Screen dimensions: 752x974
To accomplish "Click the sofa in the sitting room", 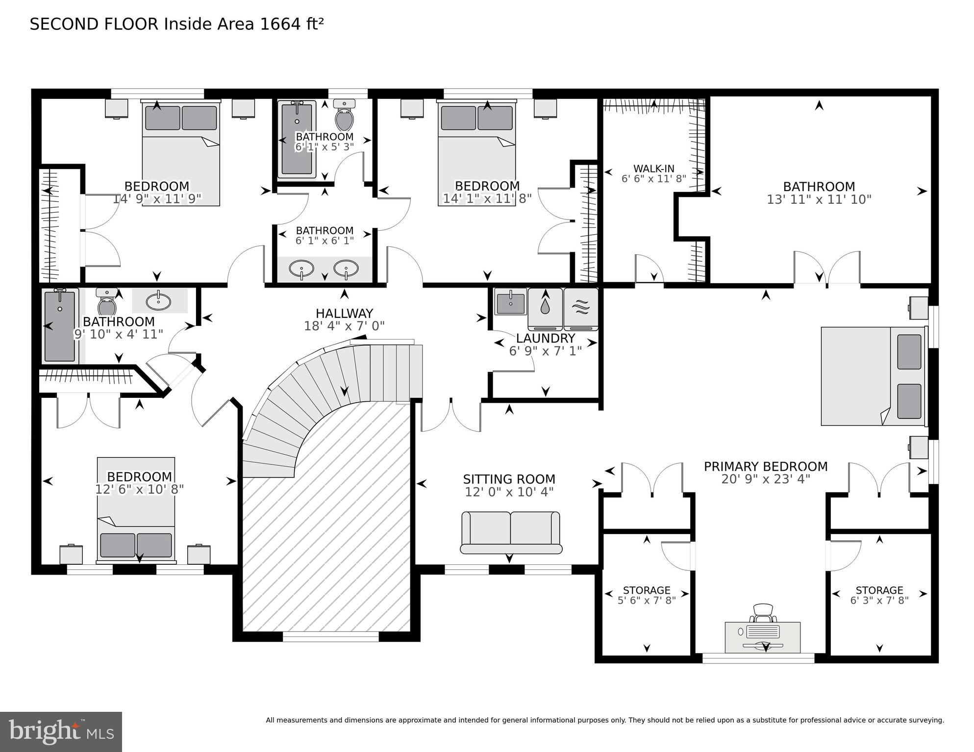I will (510, 532).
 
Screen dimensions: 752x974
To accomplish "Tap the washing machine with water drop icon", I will (545, 308).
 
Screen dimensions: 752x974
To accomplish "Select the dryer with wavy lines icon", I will (580, 308).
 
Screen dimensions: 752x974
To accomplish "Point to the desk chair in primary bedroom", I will (762, 612).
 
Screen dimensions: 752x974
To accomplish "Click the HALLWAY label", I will (344, 313).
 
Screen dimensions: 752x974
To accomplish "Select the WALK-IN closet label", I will (653, 169).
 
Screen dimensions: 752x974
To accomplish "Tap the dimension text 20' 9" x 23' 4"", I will (765, 479).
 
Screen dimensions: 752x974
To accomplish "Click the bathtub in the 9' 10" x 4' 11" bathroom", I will (60, 326).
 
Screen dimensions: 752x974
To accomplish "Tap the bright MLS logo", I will (61, 731).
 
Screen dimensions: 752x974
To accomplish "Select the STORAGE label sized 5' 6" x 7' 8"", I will (646, 590).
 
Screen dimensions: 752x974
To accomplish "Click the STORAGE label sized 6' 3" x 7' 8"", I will (879, 590).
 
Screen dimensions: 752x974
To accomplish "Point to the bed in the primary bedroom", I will (874, 376).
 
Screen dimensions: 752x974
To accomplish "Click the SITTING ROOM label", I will (509, 479).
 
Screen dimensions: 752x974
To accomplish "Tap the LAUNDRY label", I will (545, 338).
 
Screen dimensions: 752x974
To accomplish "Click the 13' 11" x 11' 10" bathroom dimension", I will (819, 199).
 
